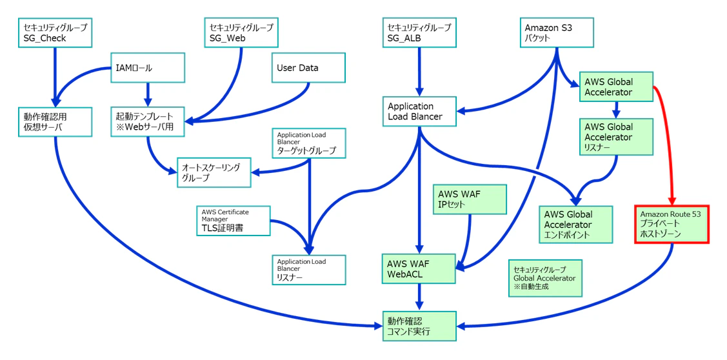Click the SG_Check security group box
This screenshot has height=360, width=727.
tap(55, 32)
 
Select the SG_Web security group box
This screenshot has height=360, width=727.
tap(241, 32)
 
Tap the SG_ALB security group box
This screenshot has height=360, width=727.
tap(419, 32)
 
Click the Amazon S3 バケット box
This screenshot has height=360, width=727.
tap(556, 32)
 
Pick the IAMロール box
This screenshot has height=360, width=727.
tap(148, 68)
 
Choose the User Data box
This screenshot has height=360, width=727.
tap(309, 68)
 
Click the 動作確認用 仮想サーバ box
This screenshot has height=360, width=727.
tap(55, 121)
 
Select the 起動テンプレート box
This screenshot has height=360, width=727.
tap(148, 121)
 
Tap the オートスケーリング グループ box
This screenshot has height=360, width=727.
tap(214, 172)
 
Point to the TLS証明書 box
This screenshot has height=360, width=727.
tap(234, 221)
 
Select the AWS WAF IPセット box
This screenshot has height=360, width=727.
tap(470, 199)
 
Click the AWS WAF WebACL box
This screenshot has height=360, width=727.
tap(419, 268)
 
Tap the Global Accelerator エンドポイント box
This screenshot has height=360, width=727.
tap(576, 224)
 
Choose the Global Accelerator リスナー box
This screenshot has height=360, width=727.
tap(617, 136)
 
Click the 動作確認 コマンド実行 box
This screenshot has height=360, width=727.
tap(419, 326)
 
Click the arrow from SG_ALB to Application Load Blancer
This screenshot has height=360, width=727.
tap(419, 71)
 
